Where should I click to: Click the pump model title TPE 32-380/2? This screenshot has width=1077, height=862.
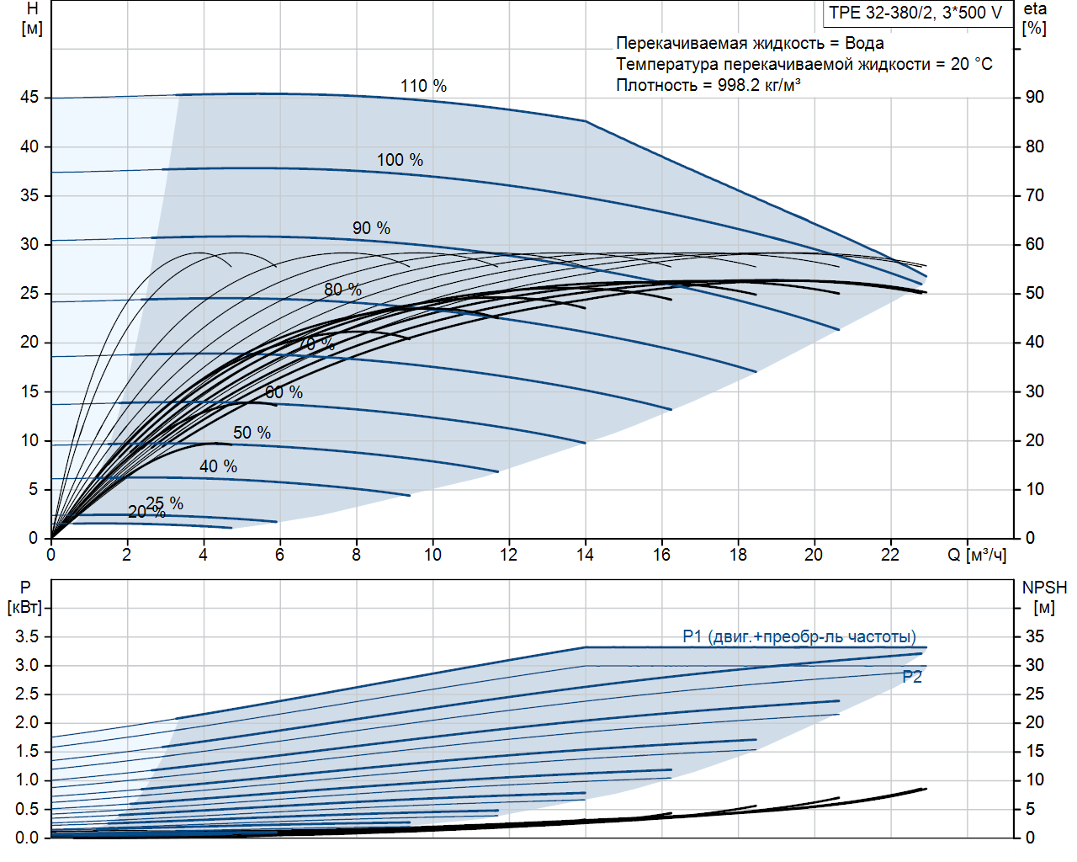915,13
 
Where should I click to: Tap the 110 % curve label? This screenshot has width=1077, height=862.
423,86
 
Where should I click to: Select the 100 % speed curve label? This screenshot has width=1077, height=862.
400,160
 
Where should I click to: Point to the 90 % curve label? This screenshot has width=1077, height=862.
371,228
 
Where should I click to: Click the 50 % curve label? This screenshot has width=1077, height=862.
252,433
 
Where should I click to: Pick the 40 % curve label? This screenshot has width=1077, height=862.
218,466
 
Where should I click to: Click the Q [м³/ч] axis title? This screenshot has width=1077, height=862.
977,555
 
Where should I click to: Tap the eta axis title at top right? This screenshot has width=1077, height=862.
1035,9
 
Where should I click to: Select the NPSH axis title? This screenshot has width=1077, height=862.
1044,588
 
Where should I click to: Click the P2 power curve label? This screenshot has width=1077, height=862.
912,677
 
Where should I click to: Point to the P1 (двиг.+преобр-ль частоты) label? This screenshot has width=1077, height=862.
799,636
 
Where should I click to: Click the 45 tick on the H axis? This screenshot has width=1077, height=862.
29,98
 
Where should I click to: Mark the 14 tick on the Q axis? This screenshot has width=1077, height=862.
585,555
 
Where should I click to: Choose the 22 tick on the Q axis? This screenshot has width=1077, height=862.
890,555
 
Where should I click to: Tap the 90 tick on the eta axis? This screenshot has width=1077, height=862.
1035,98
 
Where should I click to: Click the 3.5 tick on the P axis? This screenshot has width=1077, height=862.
27,636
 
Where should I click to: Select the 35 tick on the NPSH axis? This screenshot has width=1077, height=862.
1035,636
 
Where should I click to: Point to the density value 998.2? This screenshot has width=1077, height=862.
738,85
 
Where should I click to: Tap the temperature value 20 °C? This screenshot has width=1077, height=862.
971,64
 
